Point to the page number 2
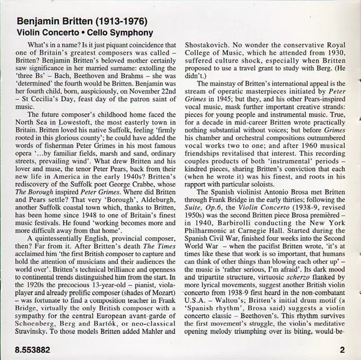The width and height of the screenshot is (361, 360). click(x=341, y=349)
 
